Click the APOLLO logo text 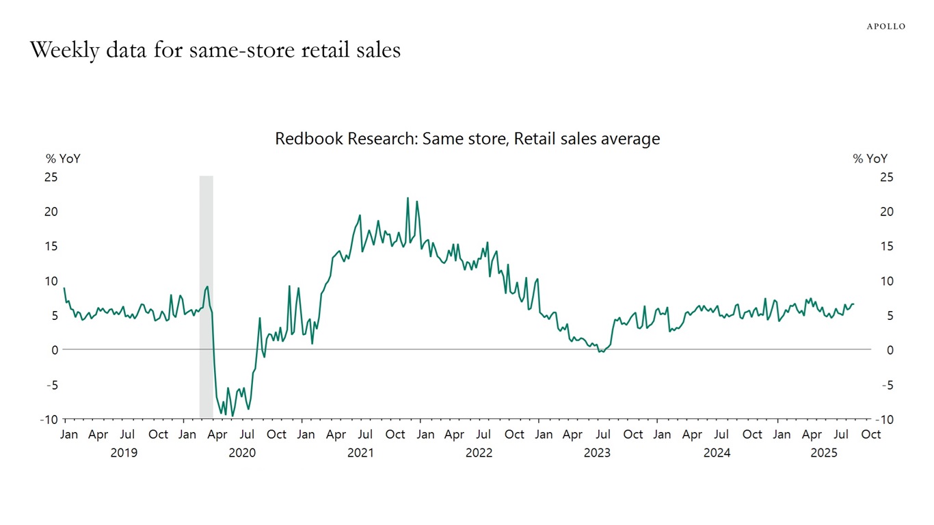tap(885, 27)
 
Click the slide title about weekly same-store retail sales tap(215, 50)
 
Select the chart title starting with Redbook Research tap(467, 139)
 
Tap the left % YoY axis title tap(63, 159)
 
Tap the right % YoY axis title tap(870, 159)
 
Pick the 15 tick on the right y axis tap(887, 246)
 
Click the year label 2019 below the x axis tap(124, 453)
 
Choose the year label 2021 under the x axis tap(360, 453)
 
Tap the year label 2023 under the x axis tap(597, 453)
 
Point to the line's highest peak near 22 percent tap(408, 198)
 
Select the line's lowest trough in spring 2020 tap(232, 416)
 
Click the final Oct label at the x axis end tap(870, 435)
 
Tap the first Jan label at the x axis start tap(69, 435)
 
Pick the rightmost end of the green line tap(853, 304)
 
